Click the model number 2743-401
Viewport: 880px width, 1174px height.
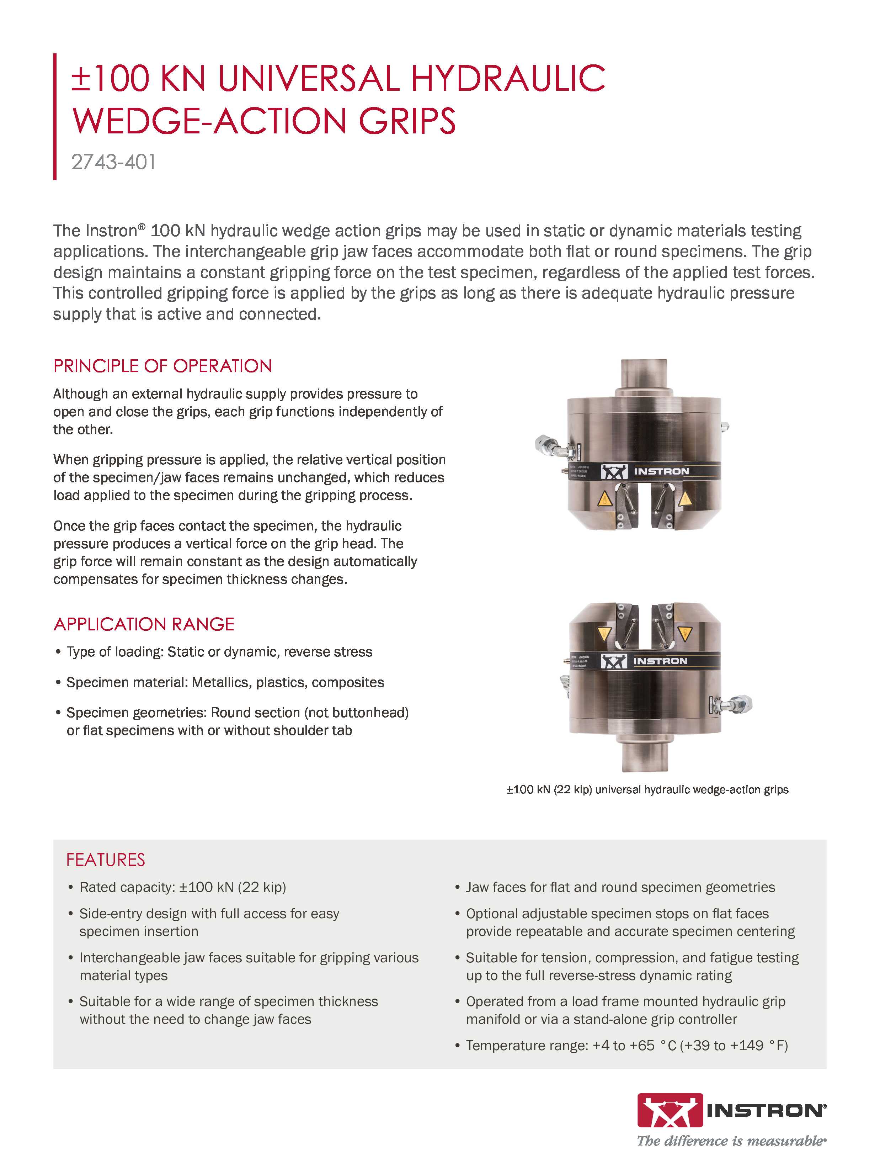[x=113, y=162]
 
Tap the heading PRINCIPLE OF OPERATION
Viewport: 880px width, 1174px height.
[x=162, y=366]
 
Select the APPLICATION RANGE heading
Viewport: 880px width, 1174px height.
[x=144, y=624]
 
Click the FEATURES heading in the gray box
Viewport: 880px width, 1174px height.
[x=106, y=860]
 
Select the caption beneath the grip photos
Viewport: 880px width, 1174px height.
[x=647, y=790]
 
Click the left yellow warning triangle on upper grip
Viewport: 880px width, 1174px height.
[x=605, y=498]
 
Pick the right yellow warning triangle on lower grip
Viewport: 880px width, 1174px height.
[x=685, y=634]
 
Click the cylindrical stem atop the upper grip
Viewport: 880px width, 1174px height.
[x=644, y=376]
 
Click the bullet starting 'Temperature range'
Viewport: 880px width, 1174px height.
[x=626, y=1046]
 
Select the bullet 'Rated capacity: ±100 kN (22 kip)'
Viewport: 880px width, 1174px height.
[x=182, y=887]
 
